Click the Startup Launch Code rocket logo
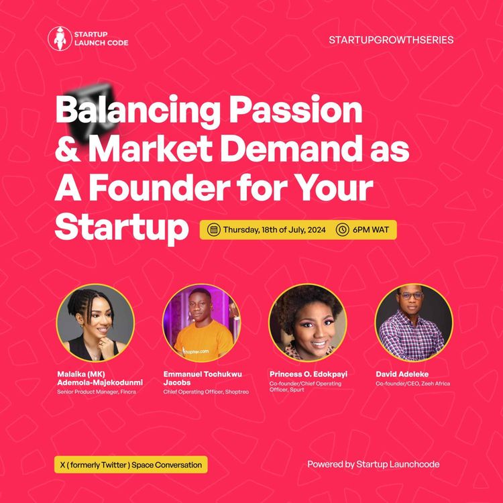[58, 38]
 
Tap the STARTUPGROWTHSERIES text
[391, 40]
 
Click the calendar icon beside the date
[214, 229]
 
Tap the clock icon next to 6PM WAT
[342, 229]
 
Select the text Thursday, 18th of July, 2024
[274, 229]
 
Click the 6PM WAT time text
[371, 229]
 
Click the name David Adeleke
[403, 374]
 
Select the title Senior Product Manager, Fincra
[98, 391]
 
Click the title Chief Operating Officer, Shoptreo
[206, 391]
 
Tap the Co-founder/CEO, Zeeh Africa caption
[412, 384]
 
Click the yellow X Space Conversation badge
[127, 464]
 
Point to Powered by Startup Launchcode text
[373, 464]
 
